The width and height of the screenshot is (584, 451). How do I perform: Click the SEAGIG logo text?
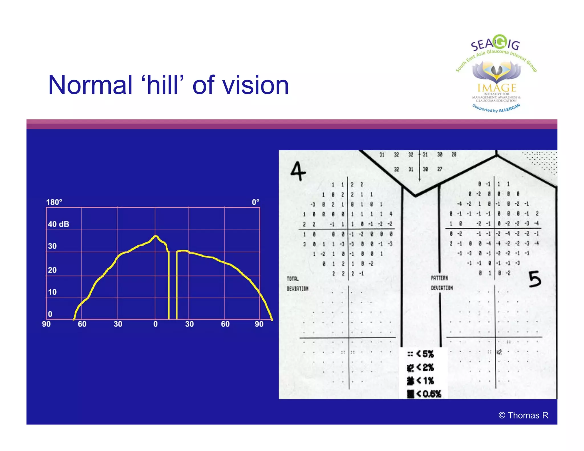point(496,44)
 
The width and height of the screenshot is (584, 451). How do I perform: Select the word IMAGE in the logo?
point(497,88)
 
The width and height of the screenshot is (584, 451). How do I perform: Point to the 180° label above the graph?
point(54,202)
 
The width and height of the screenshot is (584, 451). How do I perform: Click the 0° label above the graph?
point(255,202)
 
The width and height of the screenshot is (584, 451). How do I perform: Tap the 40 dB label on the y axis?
point(58,224)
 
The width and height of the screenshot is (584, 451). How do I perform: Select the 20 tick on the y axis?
point(52,270)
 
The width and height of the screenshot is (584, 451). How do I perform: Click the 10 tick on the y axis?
point(52,292)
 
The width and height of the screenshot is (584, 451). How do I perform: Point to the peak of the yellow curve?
point(155,236)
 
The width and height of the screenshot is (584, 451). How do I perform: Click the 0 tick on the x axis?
point(155,324)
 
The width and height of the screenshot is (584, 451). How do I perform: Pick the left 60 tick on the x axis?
point(82,324)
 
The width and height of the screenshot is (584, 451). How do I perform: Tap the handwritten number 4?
point(298,171)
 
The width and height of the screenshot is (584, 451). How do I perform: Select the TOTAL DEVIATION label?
point(297,284)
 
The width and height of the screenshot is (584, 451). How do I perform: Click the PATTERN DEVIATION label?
point(441,283)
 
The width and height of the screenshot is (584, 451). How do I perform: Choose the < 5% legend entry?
point(421,354)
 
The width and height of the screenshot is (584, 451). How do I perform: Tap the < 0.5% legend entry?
point(424,394)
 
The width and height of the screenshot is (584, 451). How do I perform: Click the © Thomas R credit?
point(523,415)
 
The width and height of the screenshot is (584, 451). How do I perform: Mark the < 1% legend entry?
point(421,381)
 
